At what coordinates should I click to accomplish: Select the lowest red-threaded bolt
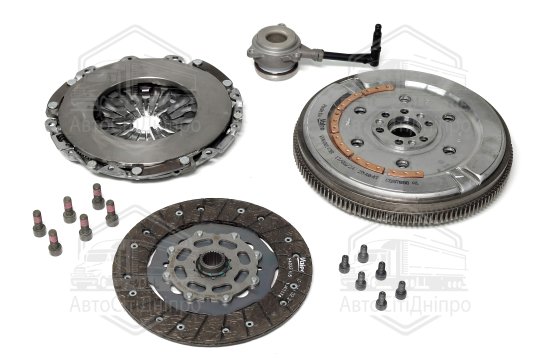coord(53,239)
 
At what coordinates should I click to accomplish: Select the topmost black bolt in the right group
coord(362,251)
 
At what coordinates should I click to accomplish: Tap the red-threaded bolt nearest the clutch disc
coord(110,215)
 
